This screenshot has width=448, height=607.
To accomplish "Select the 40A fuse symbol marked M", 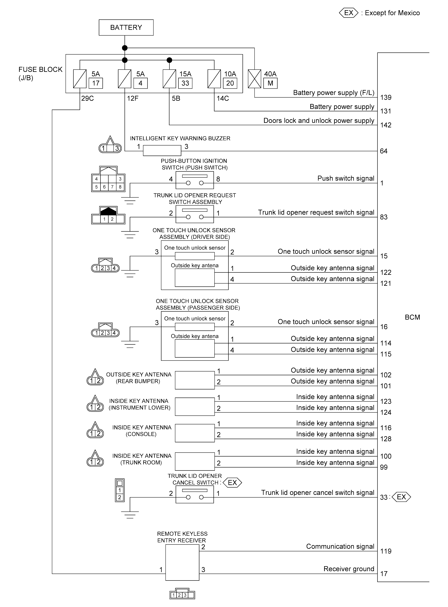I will [x=254, y=79].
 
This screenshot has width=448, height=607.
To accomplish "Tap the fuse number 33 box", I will [x=185, y=83].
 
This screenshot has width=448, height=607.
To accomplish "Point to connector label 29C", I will [x=87, y=98].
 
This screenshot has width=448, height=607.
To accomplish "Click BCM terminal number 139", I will [x=386, y=98].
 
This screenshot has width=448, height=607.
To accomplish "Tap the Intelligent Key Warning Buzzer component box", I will [x=162, y=150].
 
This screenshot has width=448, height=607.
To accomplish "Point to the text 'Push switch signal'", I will [x=346, y=178].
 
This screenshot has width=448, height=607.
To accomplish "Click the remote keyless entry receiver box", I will [x=182, y=563].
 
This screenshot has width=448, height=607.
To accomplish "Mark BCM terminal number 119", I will [x=386, y=551].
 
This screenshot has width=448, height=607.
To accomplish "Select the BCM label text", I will [x=412, y=317].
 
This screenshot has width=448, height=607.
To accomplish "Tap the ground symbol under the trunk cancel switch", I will [x=130, y=515].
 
